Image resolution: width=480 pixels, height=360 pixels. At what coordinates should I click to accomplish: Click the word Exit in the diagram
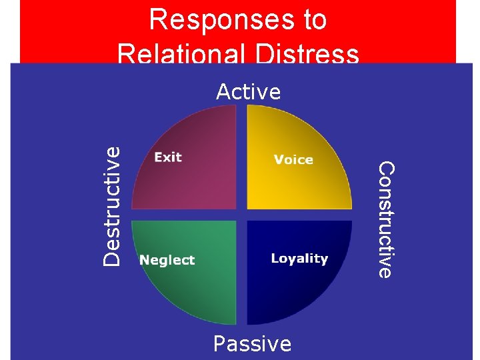[168, 157]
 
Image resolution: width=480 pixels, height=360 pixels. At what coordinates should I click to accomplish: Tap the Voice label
[293, 159]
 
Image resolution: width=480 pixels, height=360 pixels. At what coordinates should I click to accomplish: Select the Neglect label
[167, 260]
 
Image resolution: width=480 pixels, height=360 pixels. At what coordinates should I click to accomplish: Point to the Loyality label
[299, 259]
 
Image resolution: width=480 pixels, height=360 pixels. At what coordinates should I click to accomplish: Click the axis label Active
[248, 92]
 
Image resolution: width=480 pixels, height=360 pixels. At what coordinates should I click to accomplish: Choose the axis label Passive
[252, 344]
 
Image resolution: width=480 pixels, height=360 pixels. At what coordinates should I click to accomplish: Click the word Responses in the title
[203, 20]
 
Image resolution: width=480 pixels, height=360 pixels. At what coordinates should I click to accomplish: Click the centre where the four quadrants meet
[242, 215]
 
